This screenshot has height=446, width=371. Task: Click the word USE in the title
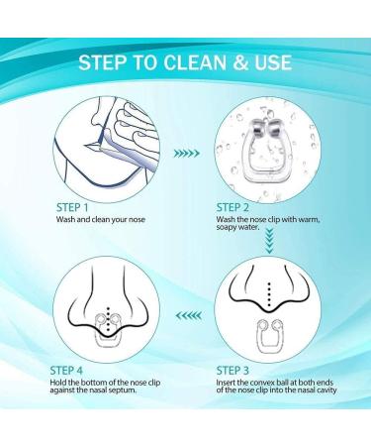(x=273, y=62)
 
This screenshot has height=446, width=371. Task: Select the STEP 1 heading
(x=72, y=207)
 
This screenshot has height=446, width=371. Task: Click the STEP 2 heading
(x=232, y=207)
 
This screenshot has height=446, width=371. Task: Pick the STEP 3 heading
(x=232, y=371)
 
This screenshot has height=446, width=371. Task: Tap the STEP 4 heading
(x=66, y=371)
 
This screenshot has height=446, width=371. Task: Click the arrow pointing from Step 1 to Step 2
(x=187, y=153)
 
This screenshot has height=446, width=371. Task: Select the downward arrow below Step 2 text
(x=270, y=242)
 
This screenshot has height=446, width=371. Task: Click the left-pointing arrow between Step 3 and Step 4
(x=189, y=315)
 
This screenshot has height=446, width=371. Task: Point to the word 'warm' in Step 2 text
(x=309, y=219)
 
